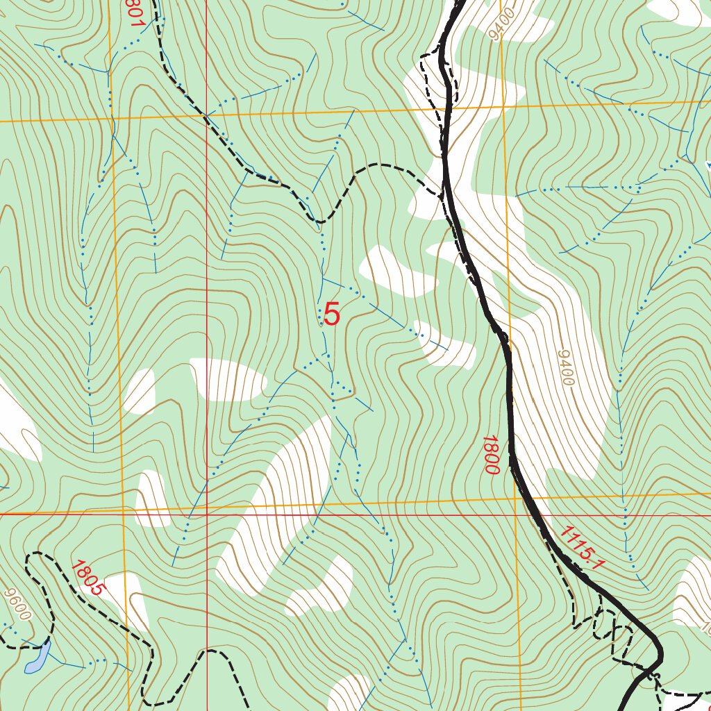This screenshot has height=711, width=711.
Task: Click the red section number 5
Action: pos(332,315)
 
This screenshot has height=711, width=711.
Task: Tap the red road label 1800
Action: pos(491,455)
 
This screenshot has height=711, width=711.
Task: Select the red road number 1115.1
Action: pos(579,548)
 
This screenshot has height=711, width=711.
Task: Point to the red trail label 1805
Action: pos(87,578)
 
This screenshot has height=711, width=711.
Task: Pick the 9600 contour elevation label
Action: pos(17,605)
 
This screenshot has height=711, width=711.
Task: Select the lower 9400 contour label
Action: pos(565,368)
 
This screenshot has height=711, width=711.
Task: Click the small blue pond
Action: pos(37,658)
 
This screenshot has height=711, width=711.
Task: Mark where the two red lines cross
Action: pos(207,515)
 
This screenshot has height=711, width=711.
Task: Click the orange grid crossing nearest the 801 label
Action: pos(110,119)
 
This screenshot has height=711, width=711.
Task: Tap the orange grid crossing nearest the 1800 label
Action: pos(515,499)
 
